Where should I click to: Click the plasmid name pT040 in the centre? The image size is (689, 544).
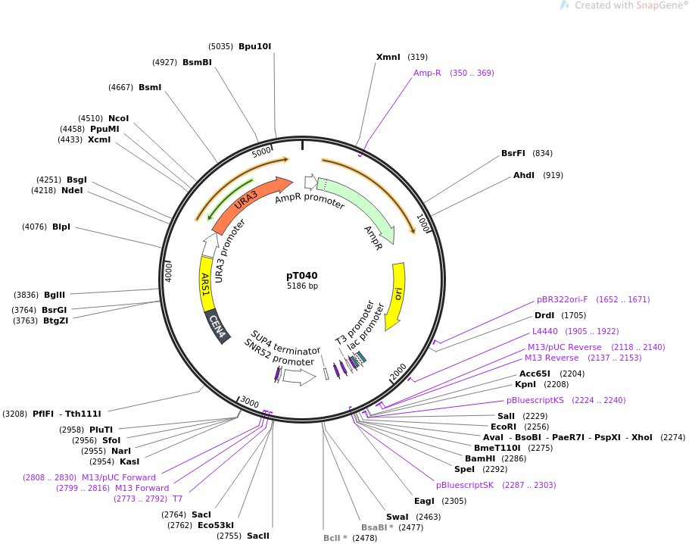302,276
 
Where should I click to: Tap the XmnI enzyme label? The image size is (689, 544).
388,57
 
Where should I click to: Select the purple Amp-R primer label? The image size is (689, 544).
427,73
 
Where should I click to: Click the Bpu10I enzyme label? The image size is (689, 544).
254,46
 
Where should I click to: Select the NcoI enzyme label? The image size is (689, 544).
119,118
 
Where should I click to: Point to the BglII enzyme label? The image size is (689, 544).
55,295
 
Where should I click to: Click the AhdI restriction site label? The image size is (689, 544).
524,175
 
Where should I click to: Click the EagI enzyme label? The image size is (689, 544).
424,500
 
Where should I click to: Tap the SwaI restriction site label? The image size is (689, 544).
397,517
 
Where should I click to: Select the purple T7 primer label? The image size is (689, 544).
178,498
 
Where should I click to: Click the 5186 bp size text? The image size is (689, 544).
302,286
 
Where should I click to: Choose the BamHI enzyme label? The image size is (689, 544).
480,458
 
